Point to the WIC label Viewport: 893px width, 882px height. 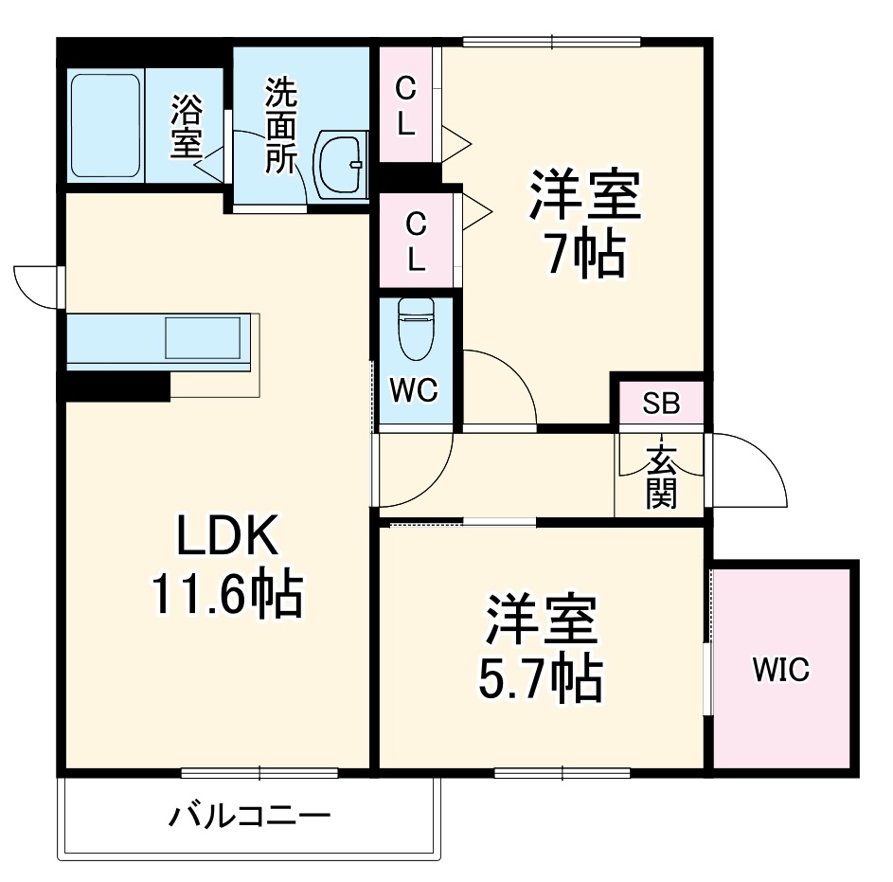[x=781, y=671]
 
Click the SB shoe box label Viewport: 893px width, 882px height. [x=661, y=404]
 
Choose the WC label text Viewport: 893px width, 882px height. [x=415, y=390]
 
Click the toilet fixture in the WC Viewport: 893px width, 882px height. [x=414, y=329]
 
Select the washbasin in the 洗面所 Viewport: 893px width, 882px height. [x=340, y=164]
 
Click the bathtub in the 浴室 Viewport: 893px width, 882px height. [x=105, y=124]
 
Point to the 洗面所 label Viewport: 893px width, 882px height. [x=280, y=126]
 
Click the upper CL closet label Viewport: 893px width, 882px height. [x=405, y=106]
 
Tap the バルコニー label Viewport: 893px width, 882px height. [x=250, y=814]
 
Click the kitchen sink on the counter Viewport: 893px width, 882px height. [x=203, y=337]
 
